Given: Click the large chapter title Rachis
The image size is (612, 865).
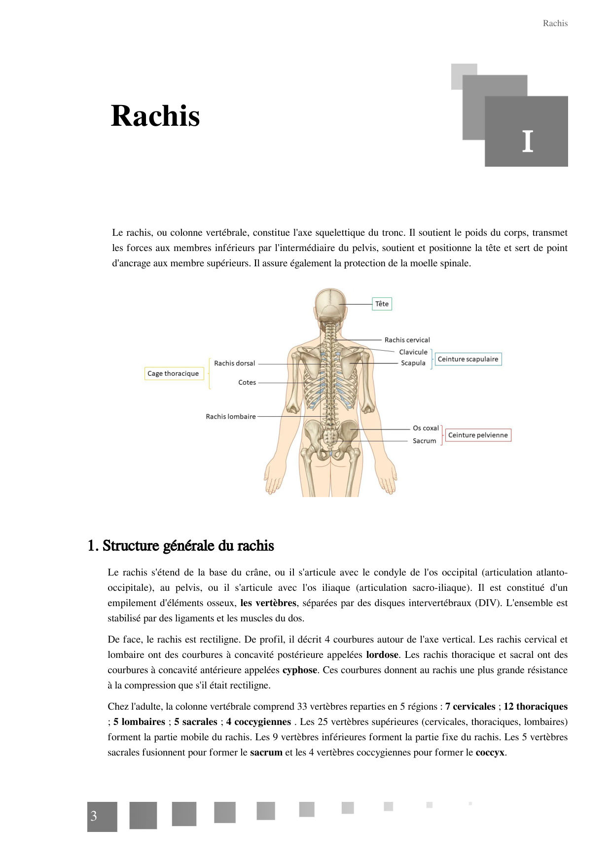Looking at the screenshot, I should pos(155,116).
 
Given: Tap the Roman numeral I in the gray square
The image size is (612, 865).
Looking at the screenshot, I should pos(527,142).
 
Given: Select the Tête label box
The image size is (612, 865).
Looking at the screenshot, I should pos(382,304).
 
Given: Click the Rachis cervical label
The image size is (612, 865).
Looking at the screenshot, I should pos(407,340).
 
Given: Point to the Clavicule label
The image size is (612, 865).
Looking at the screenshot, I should pos(413,352).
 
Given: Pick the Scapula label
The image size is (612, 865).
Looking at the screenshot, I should pos(413,363).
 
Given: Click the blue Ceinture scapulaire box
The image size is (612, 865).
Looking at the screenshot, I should pos(468,359).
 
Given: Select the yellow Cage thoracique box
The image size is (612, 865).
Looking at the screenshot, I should pos(173,373).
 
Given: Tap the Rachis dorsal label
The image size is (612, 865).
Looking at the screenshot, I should pos(234,363).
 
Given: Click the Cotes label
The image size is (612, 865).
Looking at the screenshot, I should pos(247,382).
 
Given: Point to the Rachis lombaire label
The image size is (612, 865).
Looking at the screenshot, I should pos(231,417).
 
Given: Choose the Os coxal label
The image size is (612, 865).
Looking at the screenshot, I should pos(426,428).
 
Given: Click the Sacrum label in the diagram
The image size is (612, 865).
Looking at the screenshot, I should pos(424,441).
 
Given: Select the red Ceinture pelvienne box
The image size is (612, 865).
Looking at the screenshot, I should pos(477,435).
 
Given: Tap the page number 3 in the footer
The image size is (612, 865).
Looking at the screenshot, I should pos(94,816).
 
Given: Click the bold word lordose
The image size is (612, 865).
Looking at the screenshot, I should pos(382,655).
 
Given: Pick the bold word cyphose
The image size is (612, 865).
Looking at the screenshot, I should pos(300,670).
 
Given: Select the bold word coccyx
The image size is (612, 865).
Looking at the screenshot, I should pos(490,753).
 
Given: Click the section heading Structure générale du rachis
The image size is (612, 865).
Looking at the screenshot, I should pos(180,546).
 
